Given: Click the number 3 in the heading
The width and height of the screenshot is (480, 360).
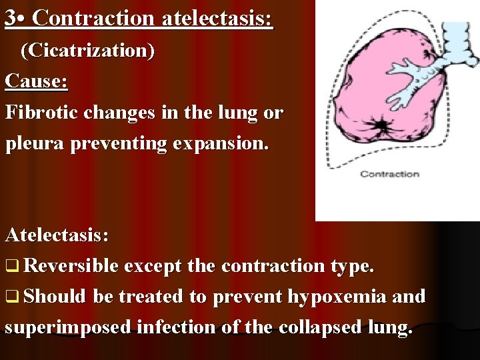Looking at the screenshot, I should pyautogui.click(x=10, y=18).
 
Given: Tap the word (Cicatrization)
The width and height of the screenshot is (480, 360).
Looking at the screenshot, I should pyautogui.click(x=87, y=51).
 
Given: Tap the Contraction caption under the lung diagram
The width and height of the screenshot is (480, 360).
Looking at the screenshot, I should pyautogui.click(x=389, y=174).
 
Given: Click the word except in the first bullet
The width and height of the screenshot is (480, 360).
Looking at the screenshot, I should pyautogui.click(x=152, y=267).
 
